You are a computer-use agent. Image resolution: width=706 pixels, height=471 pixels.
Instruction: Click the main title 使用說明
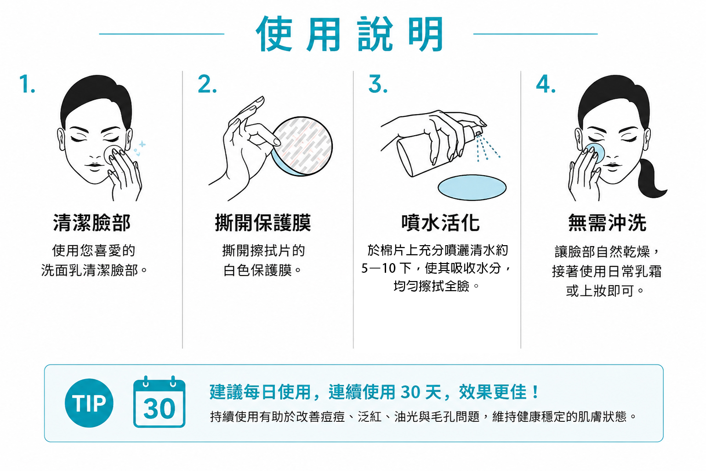350,34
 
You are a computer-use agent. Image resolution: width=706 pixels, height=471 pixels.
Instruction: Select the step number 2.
207,84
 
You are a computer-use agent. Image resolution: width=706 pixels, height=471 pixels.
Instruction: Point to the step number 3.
377,84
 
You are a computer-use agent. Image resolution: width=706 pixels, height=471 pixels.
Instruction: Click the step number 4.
546,84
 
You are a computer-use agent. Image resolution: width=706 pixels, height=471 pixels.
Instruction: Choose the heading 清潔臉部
92,223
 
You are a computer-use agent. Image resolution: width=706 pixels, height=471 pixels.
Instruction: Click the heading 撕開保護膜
263,223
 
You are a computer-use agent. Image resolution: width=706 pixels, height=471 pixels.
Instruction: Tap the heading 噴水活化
440,223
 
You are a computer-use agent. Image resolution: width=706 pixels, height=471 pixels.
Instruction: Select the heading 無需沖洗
607,223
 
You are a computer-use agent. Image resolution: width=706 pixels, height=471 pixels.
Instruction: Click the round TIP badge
89,403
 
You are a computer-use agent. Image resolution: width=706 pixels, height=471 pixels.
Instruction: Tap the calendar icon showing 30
159,402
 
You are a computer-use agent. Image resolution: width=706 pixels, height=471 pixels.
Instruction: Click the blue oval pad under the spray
472,187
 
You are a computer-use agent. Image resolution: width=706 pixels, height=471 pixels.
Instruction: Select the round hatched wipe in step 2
302,146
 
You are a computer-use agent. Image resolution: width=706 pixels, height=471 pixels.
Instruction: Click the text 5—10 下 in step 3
386,268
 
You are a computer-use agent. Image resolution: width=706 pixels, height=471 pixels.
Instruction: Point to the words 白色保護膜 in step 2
257,270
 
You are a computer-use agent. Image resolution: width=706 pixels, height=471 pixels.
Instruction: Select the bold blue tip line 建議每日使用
260,392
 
